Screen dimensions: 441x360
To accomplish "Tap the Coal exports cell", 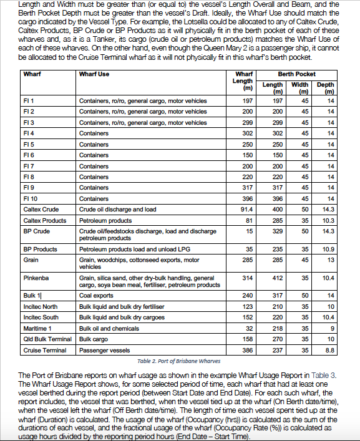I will (96, 295).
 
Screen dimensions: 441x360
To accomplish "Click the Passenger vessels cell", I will (104, 351).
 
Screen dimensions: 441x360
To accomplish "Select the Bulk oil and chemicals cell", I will (109, 329).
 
